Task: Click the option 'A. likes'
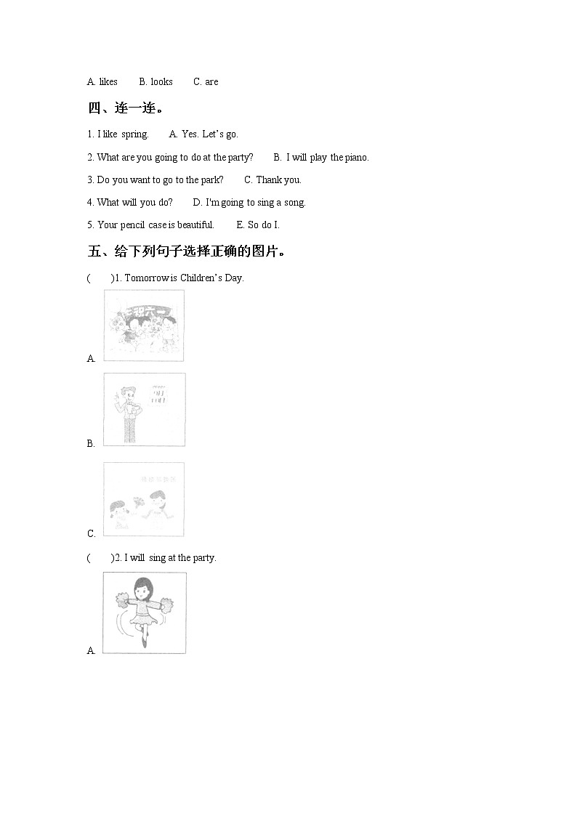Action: (102, 82)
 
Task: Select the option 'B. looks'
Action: (156, 82)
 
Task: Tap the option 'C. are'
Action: (206, 82)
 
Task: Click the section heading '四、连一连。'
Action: (126, 108)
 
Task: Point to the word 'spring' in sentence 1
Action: (134, 134)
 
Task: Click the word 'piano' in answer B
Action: (356, 158)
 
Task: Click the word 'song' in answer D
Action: (294, 203)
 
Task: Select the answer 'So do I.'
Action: (263, 225)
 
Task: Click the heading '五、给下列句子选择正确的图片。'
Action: (187, 251)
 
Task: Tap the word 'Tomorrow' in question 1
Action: (147, 278)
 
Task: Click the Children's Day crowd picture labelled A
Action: (144, 325)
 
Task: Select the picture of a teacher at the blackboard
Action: (144, 409)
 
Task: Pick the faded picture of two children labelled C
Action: (144, 499)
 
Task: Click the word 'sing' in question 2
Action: (157, 558)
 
